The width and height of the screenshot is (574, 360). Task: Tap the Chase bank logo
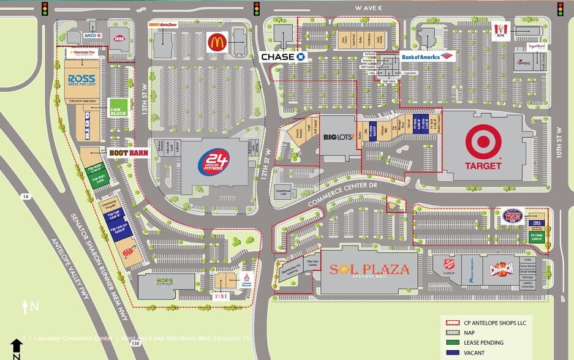(283, 56)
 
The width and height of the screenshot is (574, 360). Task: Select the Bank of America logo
(428, 57)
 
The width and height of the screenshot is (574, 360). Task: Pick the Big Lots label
(338, 136)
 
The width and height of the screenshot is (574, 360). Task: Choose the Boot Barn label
(129, 152)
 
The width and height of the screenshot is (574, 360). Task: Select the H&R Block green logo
(117, 108)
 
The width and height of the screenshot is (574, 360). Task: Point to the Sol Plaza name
(369, 269)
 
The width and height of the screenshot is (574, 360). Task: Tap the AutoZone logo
(163, 24)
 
